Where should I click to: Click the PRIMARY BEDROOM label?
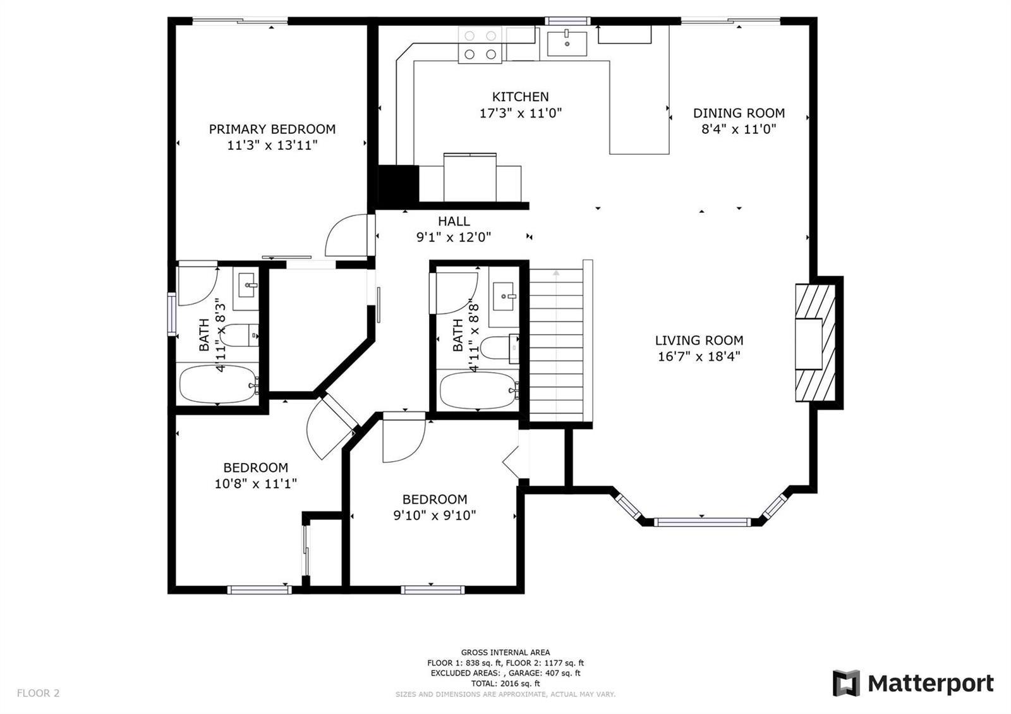click(x=272, y=129)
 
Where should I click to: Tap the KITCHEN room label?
click(x=521, y=97)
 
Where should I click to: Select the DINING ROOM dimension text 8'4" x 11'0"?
click(x=739, y=130)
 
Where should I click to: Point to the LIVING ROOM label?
click(x=699, y=341)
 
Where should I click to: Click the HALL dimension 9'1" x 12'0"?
click(x=454, y=237)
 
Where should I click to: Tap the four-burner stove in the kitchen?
click(x=480, y=45)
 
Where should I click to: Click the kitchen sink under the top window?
click(x=567, y=44)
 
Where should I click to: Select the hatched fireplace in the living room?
click(x=815, y=342)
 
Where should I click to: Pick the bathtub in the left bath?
click(x=217, y=385)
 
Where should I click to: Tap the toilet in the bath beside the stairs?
click(x=499, y=348)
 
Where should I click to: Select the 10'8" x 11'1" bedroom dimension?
click(x=256, y=484)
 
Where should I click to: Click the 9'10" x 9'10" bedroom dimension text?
click(x=435, y=516)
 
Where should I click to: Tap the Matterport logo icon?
click(x=846, y=683)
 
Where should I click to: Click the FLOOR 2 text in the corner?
click(x=39, y=693)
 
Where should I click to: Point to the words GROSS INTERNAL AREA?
click(x=505, y=652)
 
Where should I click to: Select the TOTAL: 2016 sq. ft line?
click(x=505, y=683)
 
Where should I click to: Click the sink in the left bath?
click(x=246, y=285)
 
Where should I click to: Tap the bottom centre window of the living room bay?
click(x=702, y=522)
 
